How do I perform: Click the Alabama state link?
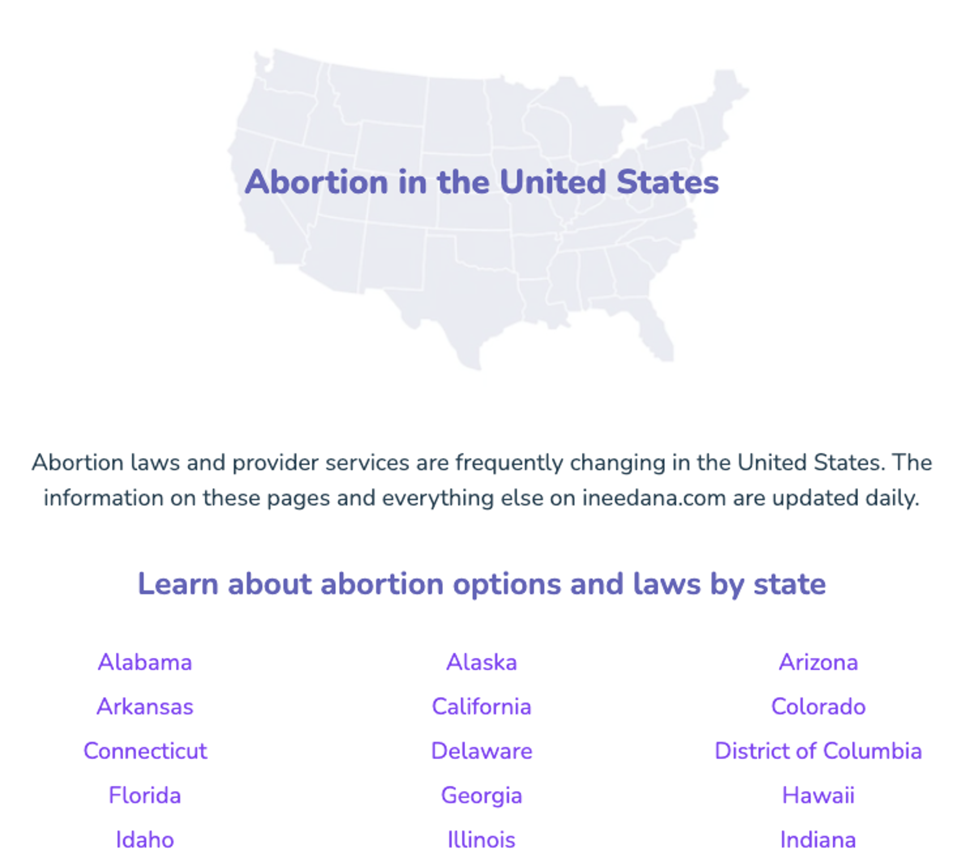(x=145, y=662)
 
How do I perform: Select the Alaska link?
(x=481, y=662)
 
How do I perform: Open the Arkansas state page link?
(x=145, y=706)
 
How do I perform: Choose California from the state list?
(x=481, y=706)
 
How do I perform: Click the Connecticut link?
(x=145, y=751)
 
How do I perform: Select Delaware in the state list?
(x=481, y=751)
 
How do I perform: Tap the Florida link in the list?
(x=145, y=795)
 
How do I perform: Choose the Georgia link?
(x=481, y=795)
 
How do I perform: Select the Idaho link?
(x=145, y=840)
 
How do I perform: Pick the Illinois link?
(x=481, y=840)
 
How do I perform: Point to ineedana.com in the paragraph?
(x=654, y=498)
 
